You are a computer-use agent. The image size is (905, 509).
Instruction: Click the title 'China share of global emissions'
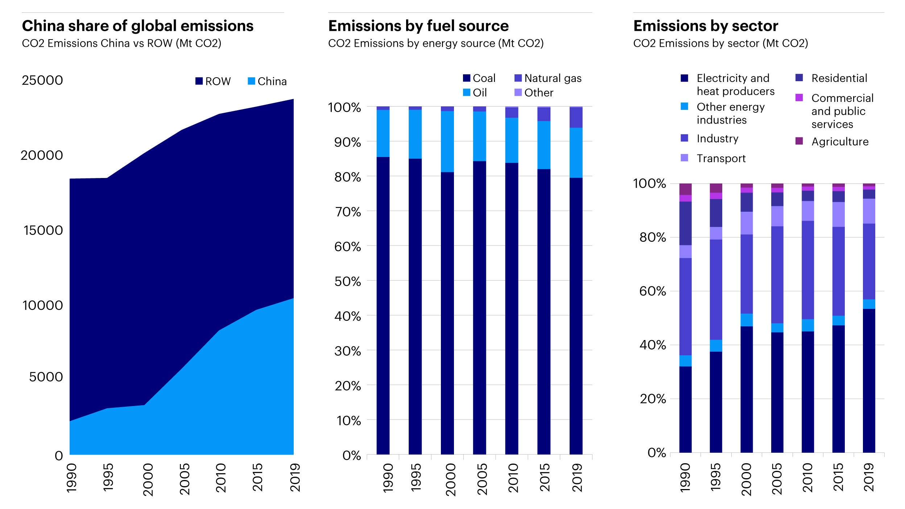click(x=137, y=26)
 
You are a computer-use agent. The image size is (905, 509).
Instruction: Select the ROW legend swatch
click(x=199, y=81)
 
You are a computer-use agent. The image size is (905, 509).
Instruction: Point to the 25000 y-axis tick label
click(x=42, y=80)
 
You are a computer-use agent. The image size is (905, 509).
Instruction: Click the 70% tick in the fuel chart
click(x=347, y=212)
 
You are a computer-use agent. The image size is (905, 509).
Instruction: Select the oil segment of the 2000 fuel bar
click(x=447, y=141)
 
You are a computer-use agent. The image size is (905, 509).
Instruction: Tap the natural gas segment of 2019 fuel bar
click(x=576, y=117)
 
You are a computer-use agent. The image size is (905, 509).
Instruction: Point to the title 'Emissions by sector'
click(x=706, y=26)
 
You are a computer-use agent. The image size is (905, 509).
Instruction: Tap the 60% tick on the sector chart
click(x=652, y=291)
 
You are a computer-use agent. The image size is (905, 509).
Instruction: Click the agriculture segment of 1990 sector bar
click(x=685, y=189)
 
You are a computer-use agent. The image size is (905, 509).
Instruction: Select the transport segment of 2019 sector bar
click(x=869, y=211)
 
